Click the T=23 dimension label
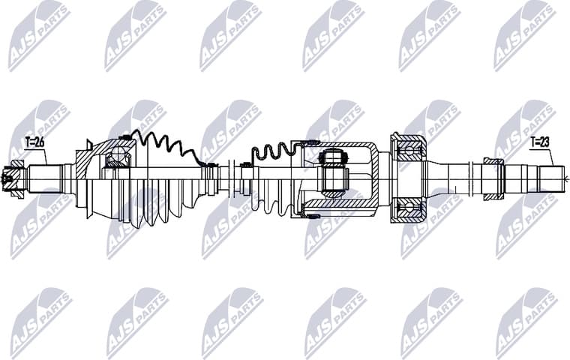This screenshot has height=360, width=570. click(540, 141)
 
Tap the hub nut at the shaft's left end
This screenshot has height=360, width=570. click(10, 178)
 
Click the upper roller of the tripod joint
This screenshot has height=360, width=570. click(331, 157)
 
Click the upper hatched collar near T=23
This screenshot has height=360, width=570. click(493, 160)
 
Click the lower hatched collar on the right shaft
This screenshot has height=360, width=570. click(493, 196)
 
